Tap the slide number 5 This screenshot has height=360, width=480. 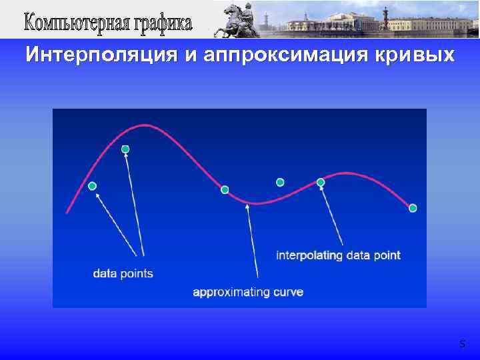(463, 344)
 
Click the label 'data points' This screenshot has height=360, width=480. (123, 273)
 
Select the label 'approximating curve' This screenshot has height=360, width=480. (247, 291)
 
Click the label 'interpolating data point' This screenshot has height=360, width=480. (338, 255)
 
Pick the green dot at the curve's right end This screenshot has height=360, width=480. (413, 208)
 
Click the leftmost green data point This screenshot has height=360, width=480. (93, 185)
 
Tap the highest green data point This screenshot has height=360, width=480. (125, 149)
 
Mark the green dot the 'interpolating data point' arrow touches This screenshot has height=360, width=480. (321, 182)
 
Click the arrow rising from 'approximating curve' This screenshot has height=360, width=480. (253, 240)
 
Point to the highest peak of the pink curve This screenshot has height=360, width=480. (141, 125)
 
